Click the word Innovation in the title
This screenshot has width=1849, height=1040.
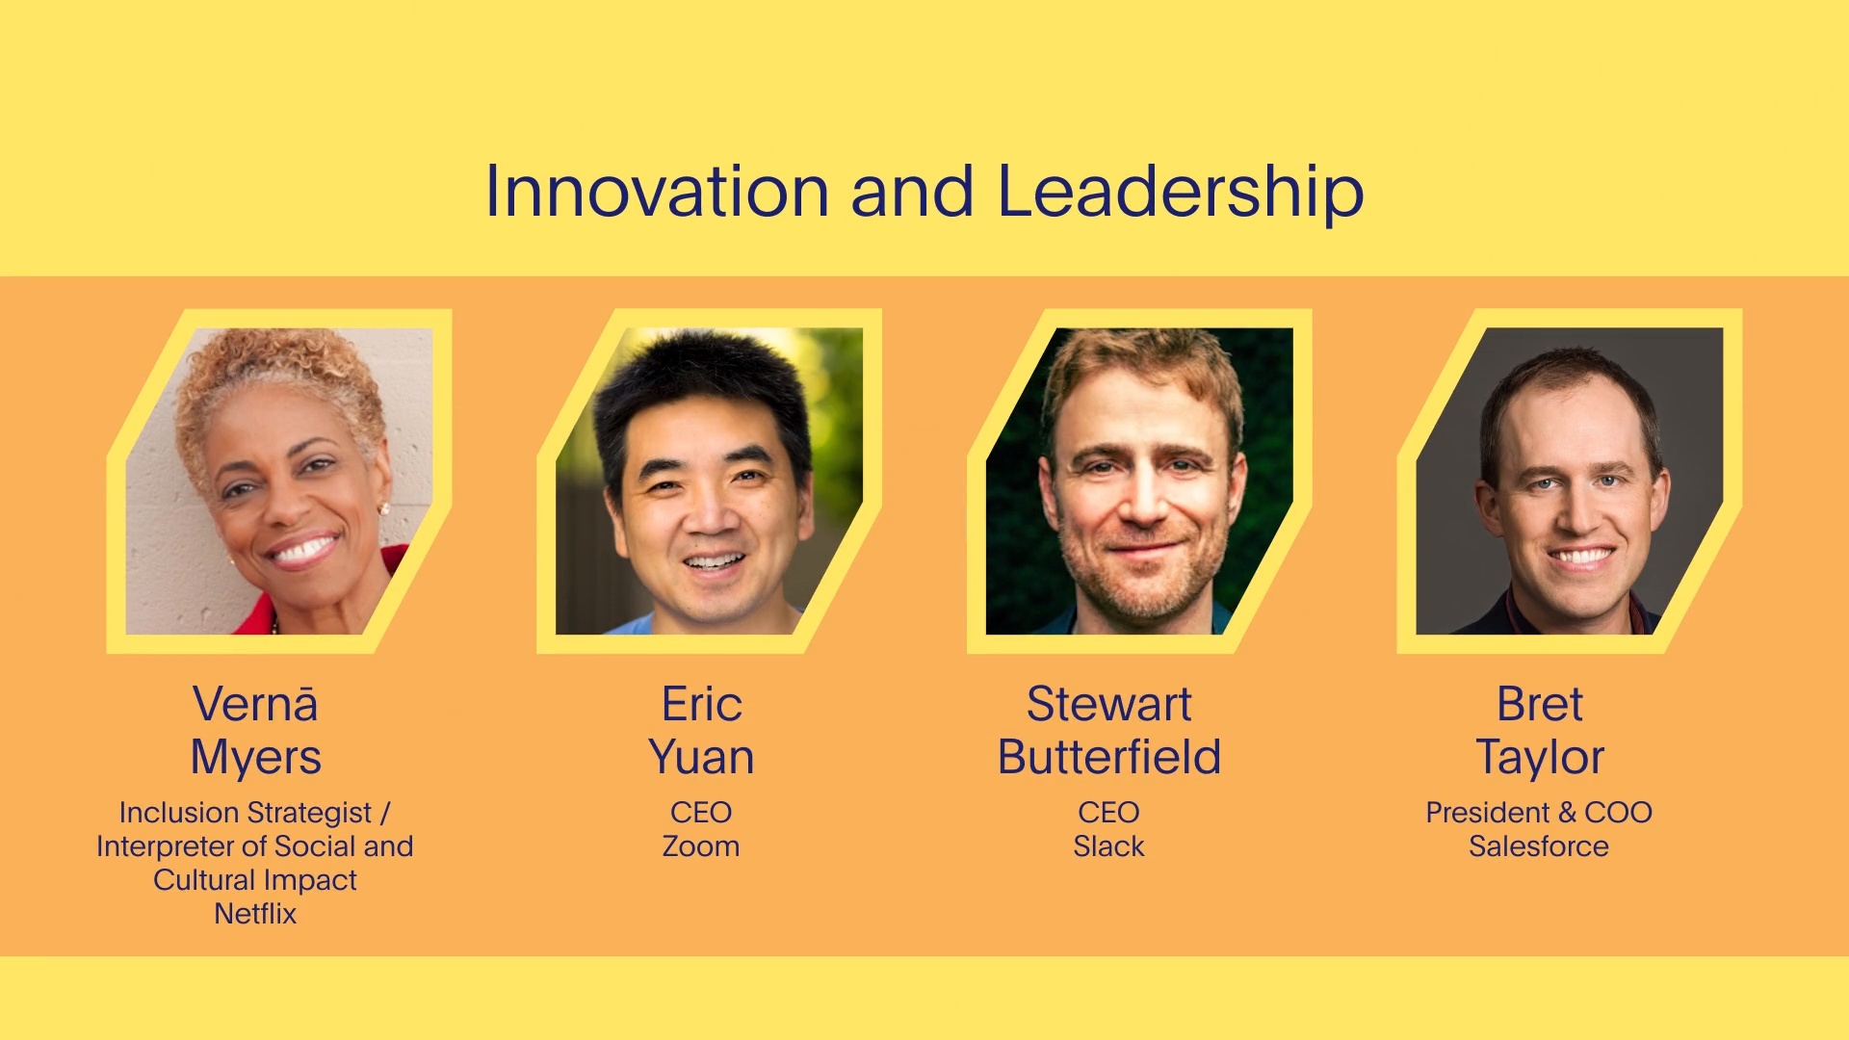[x=656, y=192]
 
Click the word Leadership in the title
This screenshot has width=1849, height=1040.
[x=1180, y=192]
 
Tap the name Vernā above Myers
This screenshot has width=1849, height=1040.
[x=255, y=704]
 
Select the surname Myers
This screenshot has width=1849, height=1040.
[x=255, y=757]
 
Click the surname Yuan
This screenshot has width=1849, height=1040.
[x=701, y=757]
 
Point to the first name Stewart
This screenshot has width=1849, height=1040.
[x=1108, y=704]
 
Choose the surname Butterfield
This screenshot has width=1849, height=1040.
[x=1108, y=757]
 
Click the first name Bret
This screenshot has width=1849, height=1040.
[x=1539, y=704]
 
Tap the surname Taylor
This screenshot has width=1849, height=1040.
[x=1539, y=757]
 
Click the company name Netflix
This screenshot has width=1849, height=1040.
[x=255, y=913]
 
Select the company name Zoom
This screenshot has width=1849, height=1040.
[x=701, y=846]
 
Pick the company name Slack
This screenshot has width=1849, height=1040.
[x=1108, y=846]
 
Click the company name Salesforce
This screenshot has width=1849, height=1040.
[x=1539, y=846]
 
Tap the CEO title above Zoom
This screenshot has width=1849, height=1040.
[x=701, y=813]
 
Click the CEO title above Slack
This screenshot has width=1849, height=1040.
[x=1108, y=813]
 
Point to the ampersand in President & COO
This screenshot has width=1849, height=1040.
[x=1567, y=813]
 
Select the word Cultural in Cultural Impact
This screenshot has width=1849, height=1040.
[x=203, y=880]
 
